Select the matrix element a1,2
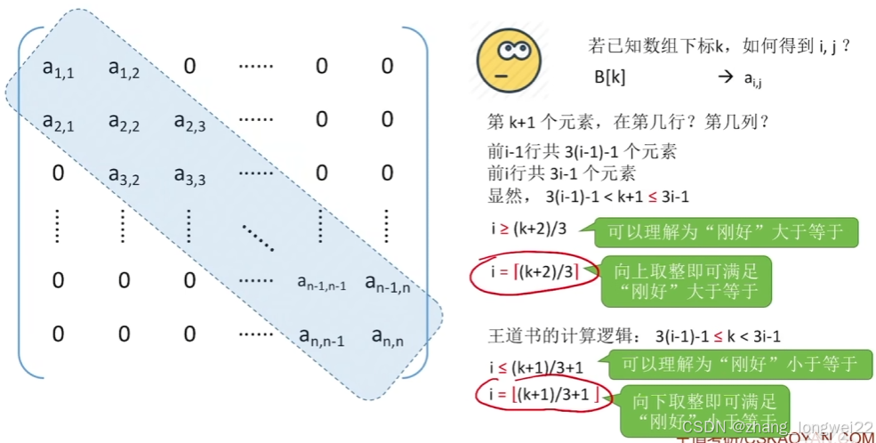(125, 67)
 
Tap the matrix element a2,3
(189, 121)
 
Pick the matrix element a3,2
(125, 174)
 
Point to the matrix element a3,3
(189, 174)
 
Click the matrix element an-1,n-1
(321, 283)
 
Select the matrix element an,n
(387, 336)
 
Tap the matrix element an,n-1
(321, 336)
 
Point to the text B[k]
(610, 77)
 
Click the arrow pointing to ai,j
(723, 77)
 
